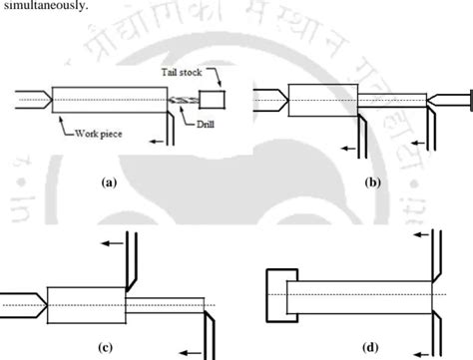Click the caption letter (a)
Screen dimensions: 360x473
(x=110, y=183)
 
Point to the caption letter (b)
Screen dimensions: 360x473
(x=372, y=183)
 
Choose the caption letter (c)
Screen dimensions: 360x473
(x=108, y=347)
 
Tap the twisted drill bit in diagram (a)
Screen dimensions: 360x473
(x=180, y=100)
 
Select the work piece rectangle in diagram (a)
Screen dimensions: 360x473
(x=108, y=101)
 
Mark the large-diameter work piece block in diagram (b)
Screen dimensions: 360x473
(x=321, y=101)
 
